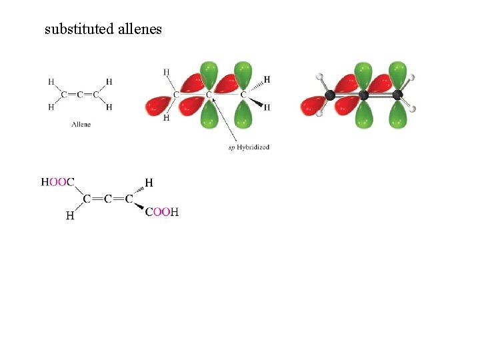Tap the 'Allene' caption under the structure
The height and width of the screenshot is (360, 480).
(x=81, y=125)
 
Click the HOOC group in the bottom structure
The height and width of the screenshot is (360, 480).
(x=58, y=182)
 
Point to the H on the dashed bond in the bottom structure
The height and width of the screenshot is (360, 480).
(x=149, y=182)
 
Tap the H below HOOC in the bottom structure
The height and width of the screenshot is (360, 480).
(x=69, y=215)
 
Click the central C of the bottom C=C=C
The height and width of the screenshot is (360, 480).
(x=107, y=199)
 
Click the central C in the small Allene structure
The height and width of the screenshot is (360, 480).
(x=80, y=95)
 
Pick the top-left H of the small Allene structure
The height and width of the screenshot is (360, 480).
(x=51, y=82)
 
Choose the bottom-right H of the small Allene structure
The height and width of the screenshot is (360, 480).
(x=109, y=107)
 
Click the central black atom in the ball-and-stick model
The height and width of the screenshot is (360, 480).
(x=363, y=95)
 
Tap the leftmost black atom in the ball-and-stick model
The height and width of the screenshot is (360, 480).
(x=329, y=95)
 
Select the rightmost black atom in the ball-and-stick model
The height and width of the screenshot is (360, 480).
(x=397, y=95)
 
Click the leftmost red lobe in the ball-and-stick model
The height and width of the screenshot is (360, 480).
(x=311, y=105)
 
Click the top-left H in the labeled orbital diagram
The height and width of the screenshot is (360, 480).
(x=165, y=71)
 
